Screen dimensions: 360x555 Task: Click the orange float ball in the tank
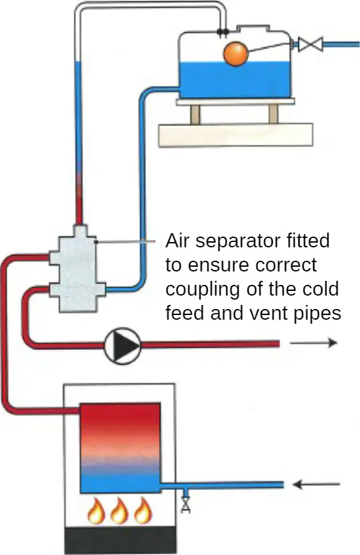click(235, 54)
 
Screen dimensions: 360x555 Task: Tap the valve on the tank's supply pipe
click(310, 44)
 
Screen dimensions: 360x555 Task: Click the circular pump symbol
click(123, 346)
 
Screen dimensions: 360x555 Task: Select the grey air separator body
click(77, 269)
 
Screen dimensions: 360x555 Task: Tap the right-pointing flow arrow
click(313, 343)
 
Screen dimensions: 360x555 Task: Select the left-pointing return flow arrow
click(316, 484)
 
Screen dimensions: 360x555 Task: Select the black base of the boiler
click(121, 540)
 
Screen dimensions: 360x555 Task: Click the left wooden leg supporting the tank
click(195, 114)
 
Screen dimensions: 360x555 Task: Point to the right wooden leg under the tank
click(274, 114)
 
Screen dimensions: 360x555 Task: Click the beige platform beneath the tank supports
click(235, 135)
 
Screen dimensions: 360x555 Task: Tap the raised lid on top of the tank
click(253, 28)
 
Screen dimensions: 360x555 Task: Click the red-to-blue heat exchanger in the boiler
click(121, 448)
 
